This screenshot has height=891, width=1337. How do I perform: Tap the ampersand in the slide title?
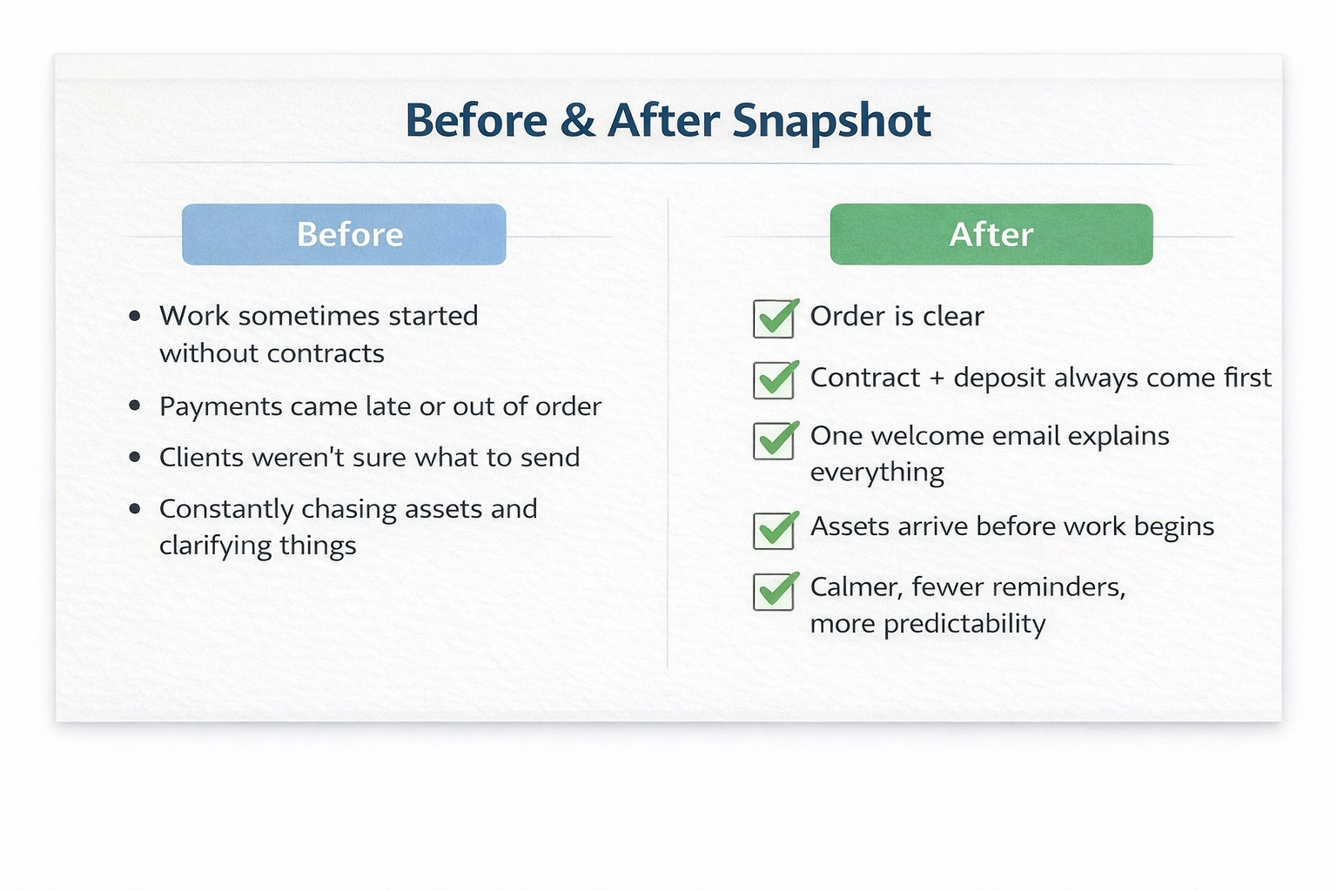(578, 120)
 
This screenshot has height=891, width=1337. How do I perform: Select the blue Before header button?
(344, 234)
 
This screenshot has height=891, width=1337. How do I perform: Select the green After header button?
(991, 234)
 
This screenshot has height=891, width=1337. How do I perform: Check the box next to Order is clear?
(774, 318)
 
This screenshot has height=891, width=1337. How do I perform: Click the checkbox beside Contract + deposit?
(774, 380)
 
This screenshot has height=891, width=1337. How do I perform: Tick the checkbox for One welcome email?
(774, 440)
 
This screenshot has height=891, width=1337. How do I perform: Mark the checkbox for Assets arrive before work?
(774, 530)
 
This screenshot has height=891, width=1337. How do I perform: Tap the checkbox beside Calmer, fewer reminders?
(774, 592)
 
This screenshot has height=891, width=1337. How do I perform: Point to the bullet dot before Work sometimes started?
(135, 316)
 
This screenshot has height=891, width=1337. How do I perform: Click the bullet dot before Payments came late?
(135, 406)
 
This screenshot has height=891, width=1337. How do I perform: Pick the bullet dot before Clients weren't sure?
(135, 458)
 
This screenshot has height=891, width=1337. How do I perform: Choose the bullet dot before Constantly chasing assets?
(135, 509)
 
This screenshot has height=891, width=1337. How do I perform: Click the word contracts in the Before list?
(326, 354)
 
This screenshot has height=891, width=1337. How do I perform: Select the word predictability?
(964, 624)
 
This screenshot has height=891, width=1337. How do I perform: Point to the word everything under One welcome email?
(877, 472)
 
